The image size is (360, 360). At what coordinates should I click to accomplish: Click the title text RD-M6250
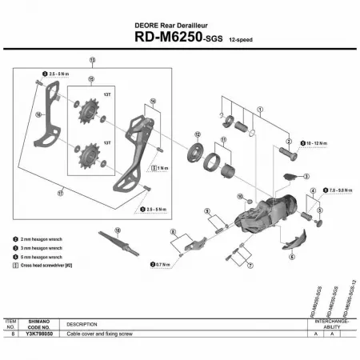(164, 37)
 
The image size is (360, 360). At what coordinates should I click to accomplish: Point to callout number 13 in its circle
(93, 60)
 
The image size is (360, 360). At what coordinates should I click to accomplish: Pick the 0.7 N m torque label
(162, 263)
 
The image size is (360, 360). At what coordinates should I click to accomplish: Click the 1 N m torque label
(163, 168)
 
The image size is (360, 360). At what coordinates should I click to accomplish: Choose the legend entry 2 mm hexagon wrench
(37, 239)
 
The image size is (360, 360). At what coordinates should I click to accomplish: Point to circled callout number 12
(195, 134)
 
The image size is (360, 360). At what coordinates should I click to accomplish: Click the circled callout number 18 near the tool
(117, 230)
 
